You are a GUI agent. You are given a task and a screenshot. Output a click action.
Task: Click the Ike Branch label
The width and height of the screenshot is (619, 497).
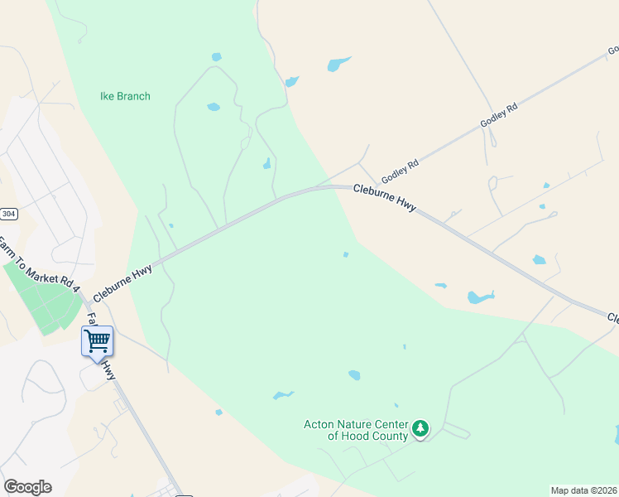(125, 96)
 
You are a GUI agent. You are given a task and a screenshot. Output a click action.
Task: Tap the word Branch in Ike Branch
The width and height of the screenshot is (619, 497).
(133, 96)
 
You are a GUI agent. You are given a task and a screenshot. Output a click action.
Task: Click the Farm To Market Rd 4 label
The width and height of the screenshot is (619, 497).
(38, 265)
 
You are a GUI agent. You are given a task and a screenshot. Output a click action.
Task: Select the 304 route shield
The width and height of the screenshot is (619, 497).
(7, 213)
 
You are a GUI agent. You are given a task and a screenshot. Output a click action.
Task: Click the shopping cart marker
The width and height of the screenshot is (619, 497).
(97, 340)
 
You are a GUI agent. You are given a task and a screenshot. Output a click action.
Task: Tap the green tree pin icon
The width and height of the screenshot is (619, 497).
(421, 428)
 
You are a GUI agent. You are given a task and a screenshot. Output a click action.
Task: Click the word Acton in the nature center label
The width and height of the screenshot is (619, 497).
(319, 425)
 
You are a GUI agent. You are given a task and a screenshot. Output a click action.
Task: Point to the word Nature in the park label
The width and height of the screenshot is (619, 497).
(353, 425)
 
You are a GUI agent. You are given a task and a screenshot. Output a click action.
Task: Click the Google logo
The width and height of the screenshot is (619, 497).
(27, 486)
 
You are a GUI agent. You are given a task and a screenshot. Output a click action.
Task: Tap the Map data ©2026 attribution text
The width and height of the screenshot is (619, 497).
(583, 490)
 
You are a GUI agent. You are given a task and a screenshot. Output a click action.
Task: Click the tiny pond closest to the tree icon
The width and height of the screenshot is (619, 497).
(396, 405)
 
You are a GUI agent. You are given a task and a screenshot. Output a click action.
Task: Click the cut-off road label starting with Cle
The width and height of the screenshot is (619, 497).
(613, 318)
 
